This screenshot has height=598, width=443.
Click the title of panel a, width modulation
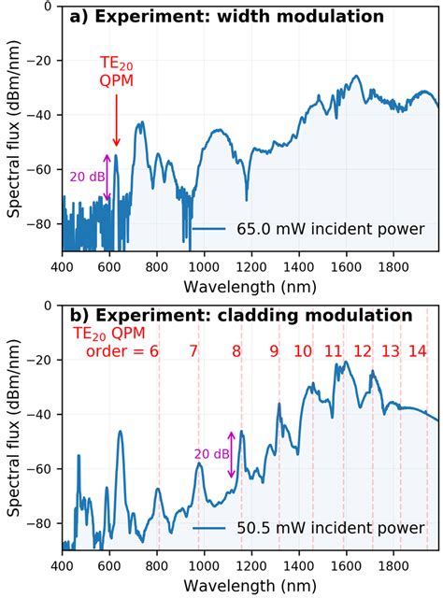click(229, 17)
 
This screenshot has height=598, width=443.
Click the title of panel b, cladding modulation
click(241, 316)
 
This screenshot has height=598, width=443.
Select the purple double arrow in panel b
click(231, 454)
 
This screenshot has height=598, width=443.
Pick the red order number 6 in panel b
click(153, 351)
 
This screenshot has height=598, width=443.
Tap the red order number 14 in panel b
click(418, 351)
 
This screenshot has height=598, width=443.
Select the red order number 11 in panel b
click(333, 351)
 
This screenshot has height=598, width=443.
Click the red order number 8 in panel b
click(236, 351)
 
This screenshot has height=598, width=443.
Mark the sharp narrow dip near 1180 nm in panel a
click(247, 200)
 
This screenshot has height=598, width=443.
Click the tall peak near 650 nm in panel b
click(121, 433)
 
